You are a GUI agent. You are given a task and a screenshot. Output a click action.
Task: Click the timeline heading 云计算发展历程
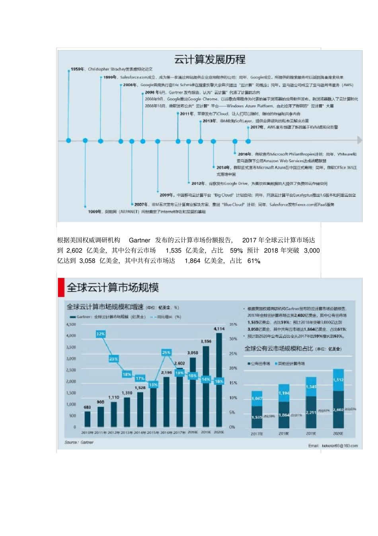pos(210,60)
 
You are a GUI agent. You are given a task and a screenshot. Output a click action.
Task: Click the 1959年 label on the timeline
pos(77,69)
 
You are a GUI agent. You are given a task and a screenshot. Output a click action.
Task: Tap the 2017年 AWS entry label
pos(257,128)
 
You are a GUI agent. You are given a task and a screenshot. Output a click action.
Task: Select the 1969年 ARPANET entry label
pos(95,212)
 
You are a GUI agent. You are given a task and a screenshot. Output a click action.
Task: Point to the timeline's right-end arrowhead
pos(359,140)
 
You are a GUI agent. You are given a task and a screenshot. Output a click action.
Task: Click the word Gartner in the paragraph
pos(139,240)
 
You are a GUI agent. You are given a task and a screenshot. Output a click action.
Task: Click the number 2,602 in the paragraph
pos(74,251)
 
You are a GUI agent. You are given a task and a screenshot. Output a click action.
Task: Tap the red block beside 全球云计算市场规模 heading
pos(61,287)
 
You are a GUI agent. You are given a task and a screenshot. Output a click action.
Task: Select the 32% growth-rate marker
pos(101,334)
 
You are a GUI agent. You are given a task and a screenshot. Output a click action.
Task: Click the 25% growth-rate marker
pos(166,352)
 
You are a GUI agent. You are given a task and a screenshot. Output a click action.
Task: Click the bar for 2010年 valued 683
pos(88,419)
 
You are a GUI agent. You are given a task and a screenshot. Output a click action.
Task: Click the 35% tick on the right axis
pos(233,324)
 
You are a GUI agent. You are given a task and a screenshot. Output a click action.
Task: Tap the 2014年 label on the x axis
pos(140,432)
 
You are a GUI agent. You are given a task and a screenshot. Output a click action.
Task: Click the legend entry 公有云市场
pos(260,364)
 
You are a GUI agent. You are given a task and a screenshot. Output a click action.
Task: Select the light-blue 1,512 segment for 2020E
pos(338,380)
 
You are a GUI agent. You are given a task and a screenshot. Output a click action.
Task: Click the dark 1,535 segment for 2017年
pos(257,417)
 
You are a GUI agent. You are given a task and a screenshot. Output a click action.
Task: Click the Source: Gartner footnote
pos(79,442)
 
